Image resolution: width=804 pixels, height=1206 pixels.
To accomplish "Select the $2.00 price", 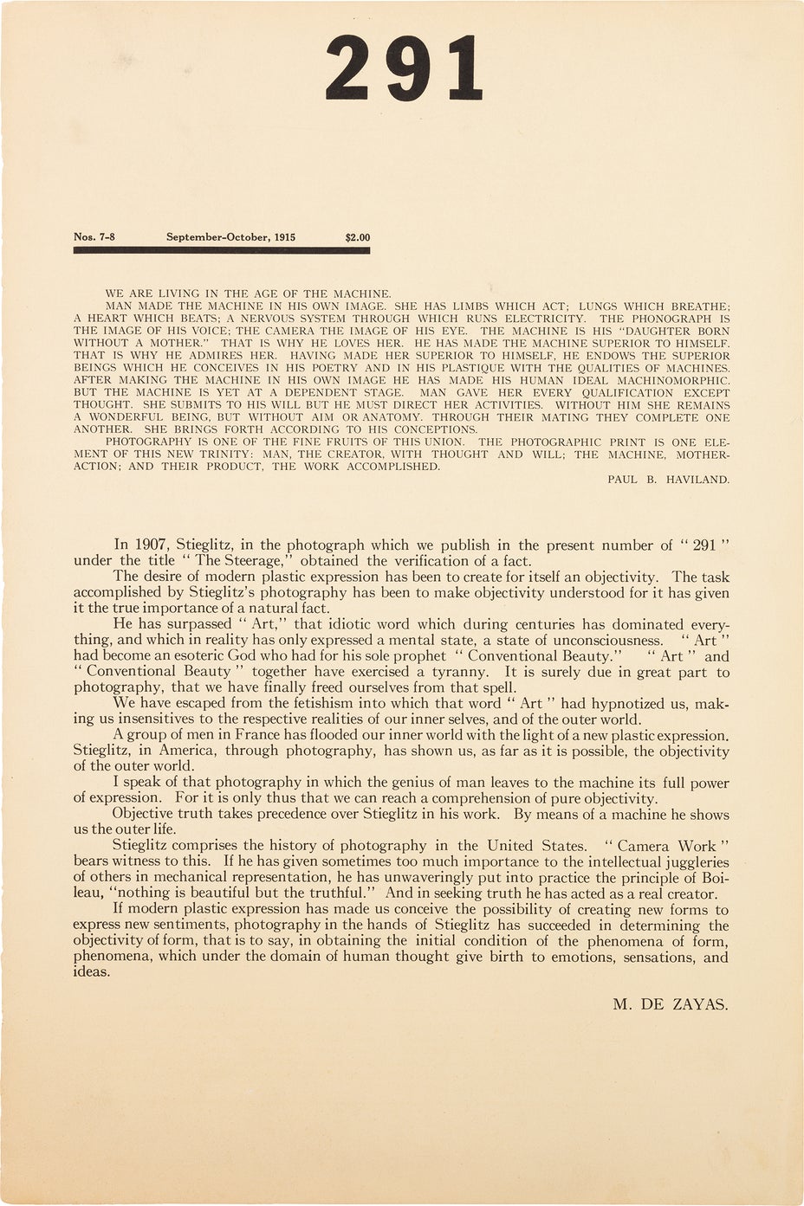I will (357, 235).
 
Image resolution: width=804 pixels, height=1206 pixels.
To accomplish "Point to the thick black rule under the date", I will (222, 250).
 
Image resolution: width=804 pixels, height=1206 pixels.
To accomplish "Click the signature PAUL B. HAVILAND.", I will (668, 479).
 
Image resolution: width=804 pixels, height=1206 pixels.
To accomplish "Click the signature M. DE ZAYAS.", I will (670, 1005).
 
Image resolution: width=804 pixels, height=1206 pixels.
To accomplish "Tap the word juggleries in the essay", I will (693, 862).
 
